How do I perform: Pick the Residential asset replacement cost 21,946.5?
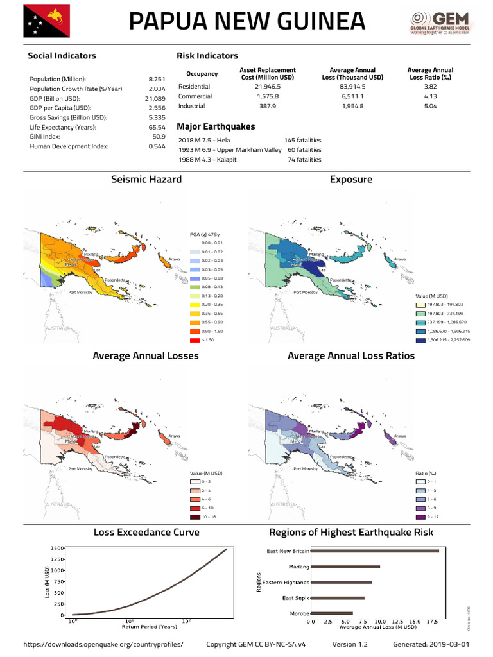click(x=268, y=86)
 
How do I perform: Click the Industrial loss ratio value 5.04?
click(x=430, y=106)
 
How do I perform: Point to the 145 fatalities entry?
click(x=302, y=140)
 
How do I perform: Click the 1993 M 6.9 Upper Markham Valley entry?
click(x=230, y=149)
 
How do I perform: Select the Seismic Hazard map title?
click(x=146, y=180)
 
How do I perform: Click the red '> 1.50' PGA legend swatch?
click(x=195, y=339)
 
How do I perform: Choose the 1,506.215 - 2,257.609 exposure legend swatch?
click(x=421, y=339)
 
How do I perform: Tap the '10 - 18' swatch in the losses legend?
click(x=195, y=516)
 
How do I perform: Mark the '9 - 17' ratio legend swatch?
click(x=421, y=516)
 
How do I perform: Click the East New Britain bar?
click(x=375, y=551)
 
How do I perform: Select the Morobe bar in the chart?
click(x=332, y=613)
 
